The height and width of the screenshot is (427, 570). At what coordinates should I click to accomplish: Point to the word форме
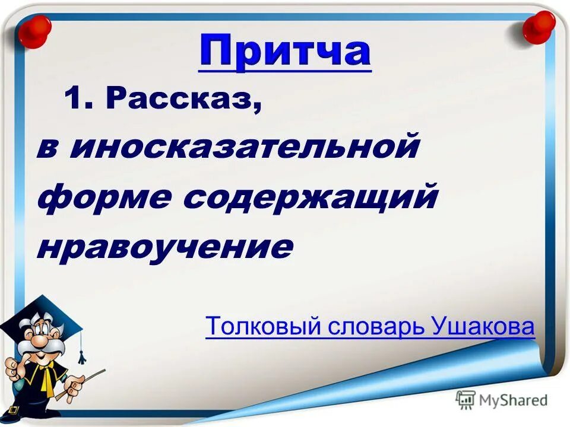coord(104,197)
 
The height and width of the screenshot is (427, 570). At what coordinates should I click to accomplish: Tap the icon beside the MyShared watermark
coord(465,400)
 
